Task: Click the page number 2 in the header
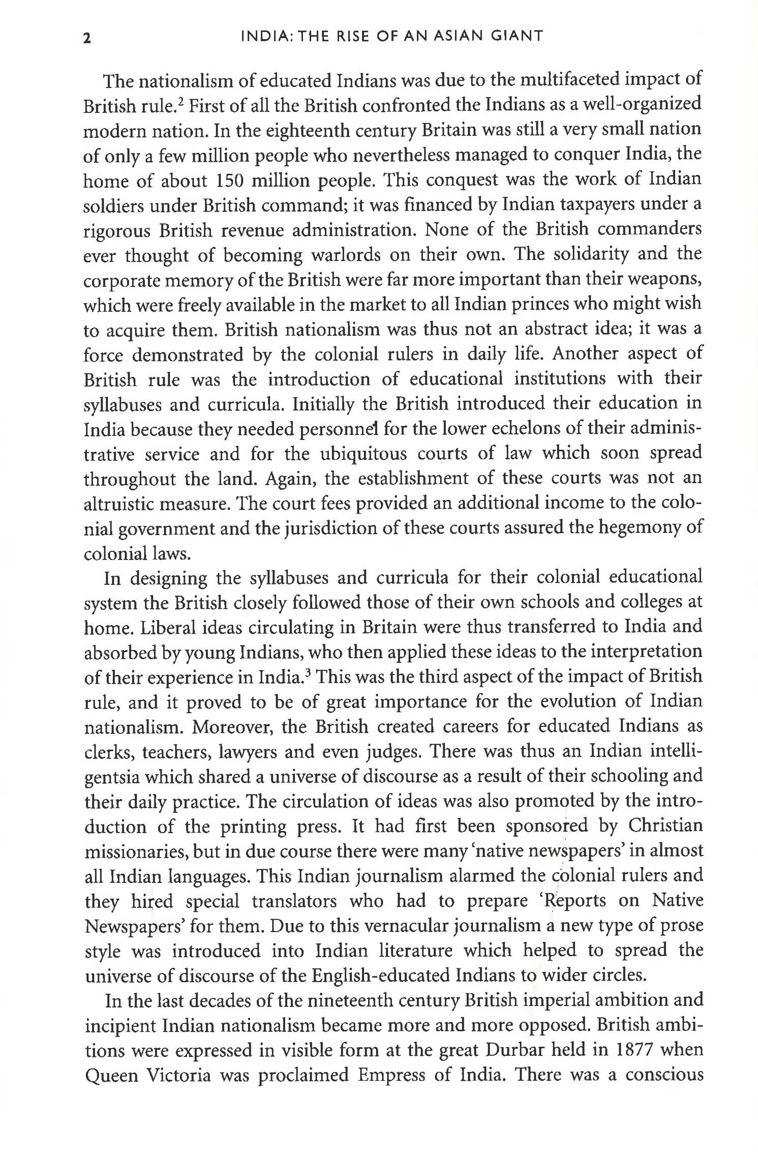[87, 38]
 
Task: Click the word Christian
[665, 826]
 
